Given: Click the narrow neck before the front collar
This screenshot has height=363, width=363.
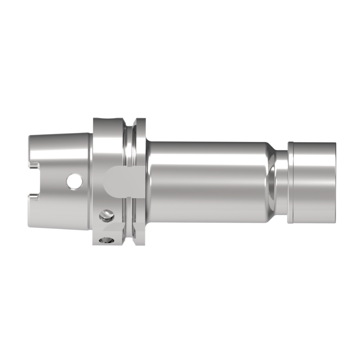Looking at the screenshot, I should [x=281, y=181].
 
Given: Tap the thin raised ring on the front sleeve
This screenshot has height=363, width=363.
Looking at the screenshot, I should [x=290, y=181].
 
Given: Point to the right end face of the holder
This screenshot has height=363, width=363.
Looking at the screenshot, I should [x=335, y=181].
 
